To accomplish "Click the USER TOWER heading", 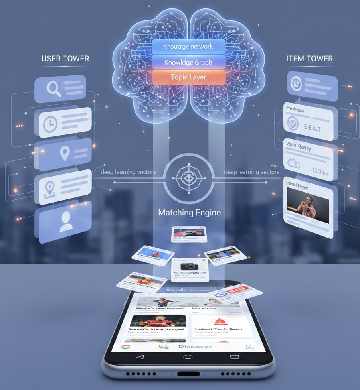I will click(x=65, y=59).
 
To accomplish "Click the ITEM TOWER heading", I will click(x=309, y=59).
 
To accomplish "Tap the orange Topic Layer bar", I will click(x=189, y=77).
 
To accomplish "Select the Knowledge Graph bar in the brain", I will click(x=189, y=62).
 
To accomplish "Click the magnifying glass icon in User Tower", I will click(x=53, y=89).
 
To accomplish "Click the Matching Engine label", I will click(x=190, y=213).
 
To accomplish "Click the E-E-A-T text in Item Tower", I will click(x=313, y=128).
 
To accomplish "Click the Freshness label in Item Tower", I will click(x=295, y=110).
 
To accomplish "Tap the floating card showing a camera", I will click(x=190, y=269).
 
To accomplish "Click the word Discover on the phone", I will click(x=195, y=346).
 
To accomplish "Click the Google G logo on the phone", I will click(x=126, y=346).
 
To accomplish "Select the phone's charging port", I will click(x=188, y=374).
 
